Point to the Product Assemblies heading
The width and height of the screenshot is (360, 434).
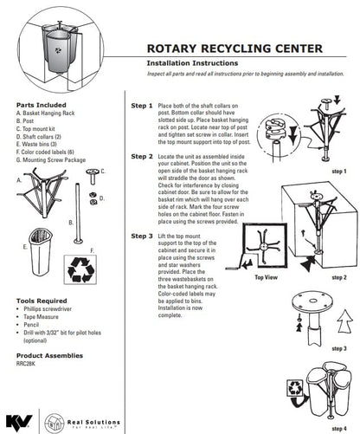(x=50, y=355)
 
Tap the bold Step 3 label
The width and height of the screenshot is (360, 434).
(x=142, y=235)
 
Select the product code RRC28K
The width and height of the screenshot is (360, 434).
(x=30, y=364)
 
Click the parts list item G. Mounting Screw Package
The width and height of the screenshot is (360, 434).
(x=55, y=160)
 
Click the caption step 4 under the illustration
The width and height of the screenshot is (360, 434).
(x=339, y=428)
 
